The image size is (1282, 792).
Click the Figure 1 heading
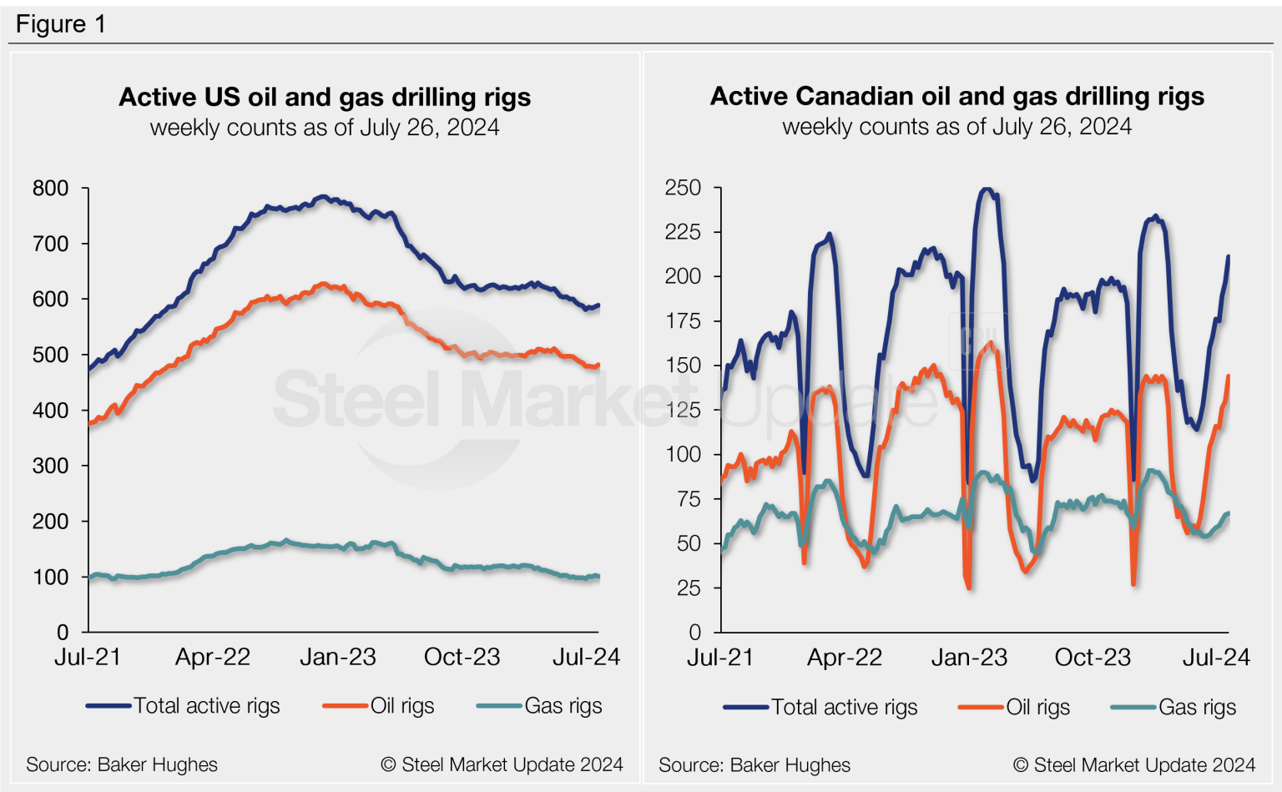(61, 24)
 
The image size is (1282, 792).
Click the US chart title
(325, 98)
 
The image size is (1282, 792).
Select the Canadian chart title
(956, 97)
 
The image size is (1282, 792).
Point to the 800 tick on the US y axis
(50, 189)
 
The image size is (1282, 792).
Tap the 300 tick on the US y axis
(50, 466)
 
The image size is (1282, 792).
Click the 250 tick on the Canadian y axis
(683, 188)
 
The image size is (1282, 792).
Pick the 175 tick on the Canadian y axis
(683, 321)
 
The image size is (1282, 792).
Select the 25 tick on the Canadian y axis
(689, 588)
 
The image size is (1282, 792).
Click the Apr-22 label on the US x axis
(213, 658)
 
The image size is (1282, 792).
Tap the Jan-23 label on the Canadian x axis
(969, 658)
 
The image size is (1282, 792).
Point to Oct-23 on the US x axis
(462, 658)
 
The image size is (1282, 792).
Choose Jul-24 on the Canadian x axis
(1216, 658)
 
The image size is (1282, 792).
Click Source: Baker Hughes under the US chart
(122, 764)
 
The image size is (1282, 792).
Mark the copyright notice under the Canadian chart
(1133, 764)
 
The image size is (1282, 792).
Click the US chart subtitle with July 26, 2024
(325, 128)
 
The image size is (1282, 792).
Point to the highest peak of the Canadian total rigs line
(987, 189)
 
